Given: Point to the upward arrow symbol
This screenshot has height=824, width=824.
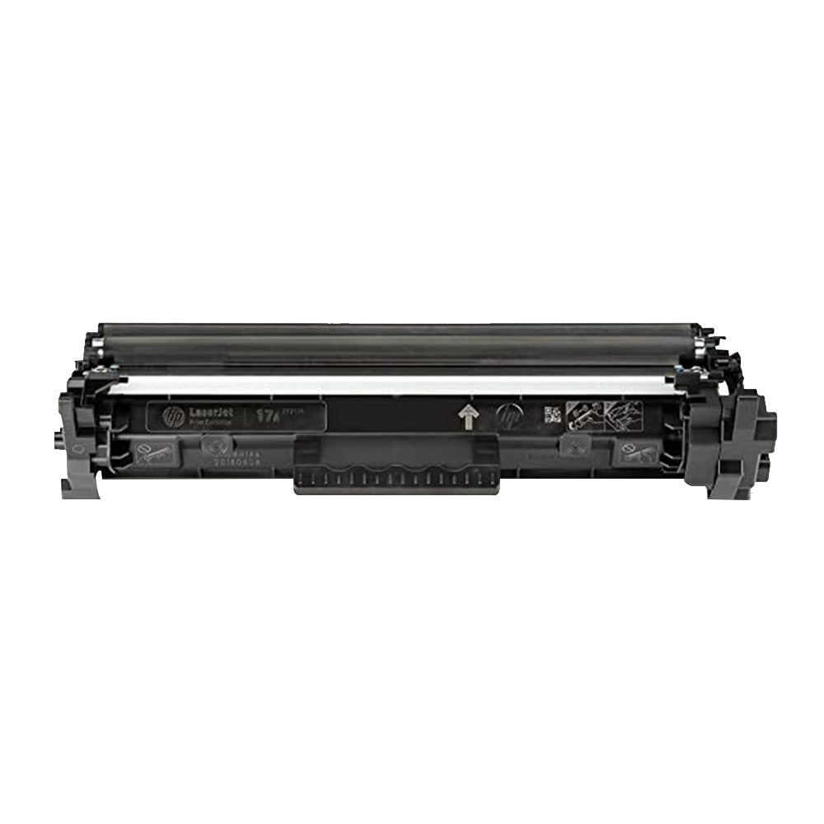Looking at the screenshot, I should coord(468,417).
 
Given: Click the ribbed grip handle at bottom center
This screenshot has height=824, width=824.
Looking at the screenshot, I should coord(396,480).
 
